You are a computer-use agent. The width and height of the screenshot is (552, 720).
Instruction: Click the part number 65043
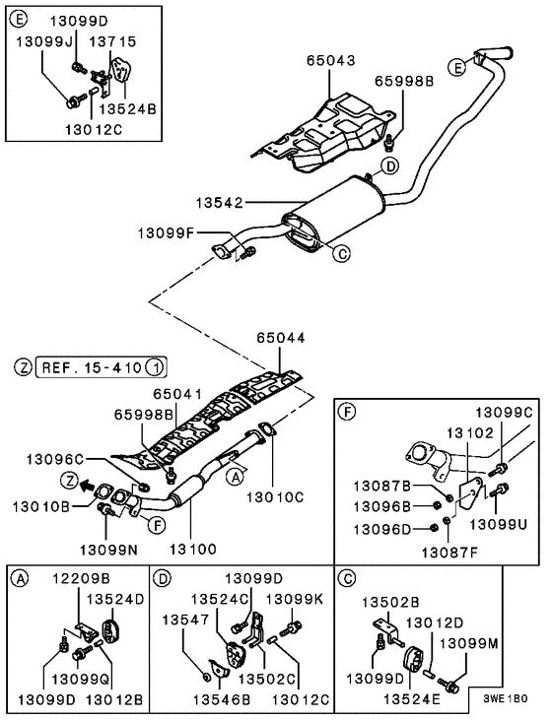331,61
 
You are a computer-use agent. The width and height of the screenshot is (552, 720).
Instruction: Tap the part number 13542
220,203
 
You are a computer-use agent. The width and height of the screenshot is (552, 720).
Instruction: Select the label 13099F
166,233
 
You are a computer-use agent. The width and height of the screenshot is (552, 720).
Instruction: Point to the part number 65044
281,338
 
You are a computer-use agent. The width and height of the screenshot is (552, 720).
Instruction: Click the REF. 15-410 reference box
102,367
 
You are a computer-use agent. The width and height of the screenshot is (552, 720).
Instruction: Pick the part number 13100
193,549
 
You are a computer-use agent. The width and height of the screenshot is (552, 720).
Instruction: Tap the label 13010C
275,496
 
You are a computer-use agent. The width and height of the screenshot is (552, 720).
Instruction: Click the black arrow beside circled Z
85,483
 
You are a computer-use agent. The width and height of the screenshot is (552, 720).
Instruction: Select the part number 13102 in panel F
470,432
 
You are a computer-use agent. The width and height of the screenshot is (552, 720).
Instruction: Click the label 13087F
449,553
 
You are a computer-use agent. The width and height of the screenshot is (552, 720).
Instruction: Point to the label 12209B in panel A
81,578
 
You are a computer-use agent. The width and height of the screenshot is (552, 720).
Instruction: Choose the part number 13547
185,620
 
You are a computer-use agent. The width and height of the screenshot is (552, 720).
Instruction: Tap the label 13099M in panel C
469,644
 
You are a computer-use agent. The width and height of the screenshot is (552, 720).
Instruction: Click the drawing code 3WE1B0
506,699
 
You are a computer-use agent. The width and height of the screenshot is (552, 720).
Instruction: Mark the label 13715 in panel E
112,41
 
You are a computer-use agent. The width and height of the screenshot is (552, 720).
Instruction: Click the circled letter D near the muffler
390,166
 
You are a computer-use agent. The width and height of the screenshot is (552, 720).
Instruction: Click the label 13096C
55,459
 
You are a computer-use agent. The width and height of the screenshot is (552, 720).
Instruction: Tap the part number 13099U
498,524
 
